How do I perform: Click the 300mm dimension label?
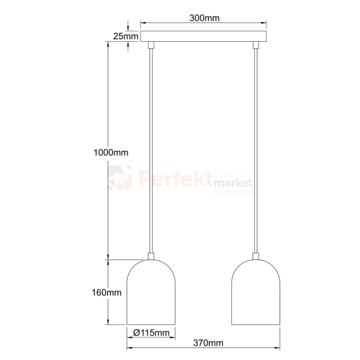click(204, 19)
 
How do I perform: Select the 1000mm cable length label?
click(111, 153)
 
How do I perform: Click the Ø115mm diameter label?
click(151, 333)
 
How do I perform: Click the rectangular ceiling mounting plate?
click(204, 36)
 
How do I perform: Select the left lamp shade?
click(151, 292)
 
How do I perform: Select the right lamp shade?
click(256, 292)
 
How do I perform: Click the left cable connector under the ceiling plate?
click(151, 45)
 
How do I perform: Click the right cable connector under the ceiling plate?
click(256, 45)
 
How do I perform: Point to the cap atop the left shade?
click(151, 256)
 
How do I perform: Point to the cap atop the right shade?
click(256, 256)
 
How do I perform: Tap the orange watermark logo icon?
click(120, 178)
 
